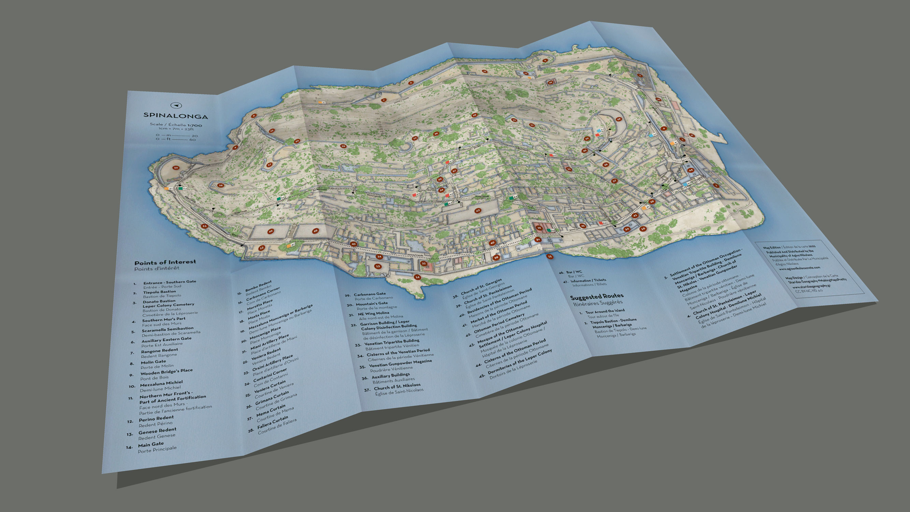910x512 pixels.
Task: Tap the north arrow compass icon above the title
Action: coord(176,105)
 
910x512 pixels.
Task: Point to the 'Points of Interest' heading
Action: coord(165,262)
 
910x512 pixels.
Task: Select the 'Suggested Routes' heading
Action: coord(597,297)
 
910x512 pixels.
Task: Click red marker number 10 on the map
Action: coord(176,168)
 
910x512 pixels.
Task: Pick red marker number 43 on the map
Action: coord(478,211)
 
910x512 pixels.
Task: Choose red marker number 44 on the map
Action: coord(690,170)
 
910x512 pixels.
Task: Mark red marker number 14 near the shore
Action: coord(417,277)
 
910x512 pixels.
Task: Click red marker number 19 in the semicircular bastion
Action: coord(619,119)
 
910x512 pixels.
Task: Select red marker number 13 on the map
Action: coord(378,267)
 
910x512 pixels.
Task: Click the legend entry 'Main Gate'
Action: coord(151,444)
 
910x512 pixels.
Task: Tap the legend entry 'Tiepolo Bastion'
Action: coord(159,292)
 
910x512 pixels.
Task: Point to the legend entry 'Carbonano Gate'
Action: coord(370,294)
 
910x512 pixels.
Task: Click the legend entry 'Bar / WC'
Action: coord(574,272)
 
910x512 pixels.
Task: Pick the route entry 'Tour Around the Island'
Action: coord(605,311)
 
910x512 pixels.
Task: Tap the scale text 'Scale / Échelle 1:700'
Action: coord(176,124)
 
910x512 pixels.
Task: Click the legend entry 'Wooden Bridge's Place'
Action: coord(167,371)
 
